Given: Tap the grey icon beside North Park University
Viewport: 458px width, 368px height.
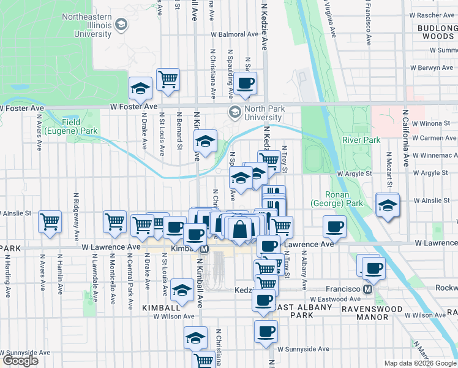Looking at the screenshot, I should click(x=234, y=112).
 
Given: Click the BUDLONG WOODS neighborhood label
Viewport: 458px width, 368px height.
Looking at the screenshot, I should click(x=437, y=32).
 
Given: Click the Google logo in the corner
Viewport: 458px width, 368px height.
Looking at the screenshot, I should click(x=20, y=361).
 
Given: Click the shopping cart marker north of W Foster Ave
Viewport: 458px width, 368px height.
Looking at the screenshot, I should click(x=168, y=79).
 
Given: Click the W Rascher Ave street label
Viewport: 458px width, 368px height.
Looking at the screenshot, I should click(x=431, y=15).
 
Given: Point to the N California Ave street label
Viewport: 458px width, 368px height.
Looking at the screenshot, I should click(x=405, y=139).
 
